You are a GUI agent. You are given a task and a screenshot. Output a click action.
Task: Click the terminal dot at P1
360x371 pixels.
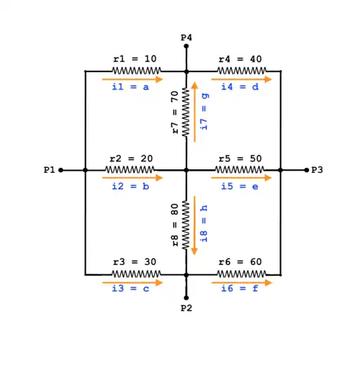(61, 170)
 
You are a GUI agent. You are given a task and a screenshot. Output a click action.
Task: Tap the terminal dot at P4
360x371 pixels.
(186, 46)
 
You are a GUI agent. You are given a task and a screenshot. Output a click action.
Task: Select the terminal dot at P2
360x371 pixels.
(186, 298)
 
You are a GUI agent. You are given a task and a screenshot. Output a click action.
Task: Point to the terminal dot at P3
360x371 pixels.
(307, 170)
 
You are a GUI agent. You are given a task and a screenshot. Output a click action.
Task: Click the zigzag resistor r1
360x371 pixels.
(137, 71)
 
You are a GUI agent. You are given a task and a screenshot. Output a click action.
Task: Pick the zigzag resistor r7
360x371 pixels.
(186, 112)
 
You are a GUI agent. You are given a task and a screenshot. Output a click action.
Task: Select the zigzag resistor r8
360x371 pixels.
(186, 225)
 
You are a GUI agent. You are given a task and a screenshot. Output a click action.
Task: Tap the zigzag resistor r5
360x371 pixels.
(240, 170)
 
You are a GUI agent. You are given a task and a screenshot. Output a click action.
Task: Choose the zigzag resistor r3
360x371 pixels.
(136, 274)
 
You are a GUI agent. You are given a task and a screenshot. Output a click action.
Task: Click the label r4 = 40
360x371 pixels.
(240, 59)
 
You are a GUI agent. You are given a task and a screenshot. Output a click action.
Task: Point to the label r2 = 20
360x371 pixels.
(131, 158)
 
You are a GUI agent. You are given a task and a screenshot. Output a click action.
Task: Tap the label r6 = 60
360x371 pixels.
(240, 262)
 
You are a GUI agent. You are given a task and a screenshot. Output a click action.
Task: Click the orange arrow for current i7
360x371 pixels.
(194, 112)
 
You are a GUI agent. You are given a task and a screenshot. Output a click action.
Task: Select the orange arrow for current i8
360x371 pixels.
(194, 225)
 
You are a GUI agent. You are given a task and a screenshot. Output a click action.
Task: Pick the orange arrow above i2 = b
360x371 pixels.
(132, 178)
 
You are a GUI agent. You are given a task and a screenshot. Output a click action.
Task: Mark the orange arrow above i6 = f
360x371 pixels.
(242, 282)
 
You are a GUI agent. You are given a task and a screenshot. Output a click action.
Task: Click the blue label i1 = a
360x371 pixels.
(130, 86)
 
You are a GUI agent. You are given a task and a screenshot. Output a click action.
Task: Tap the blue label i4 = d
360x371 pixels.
(240, 86)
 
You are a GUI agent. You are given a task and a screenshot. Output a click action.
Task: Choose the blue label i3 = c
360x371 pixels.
(130, 288)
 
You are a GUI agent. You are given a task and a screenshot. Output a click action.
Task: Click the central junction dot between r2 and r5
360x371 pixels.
(186, 170)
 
